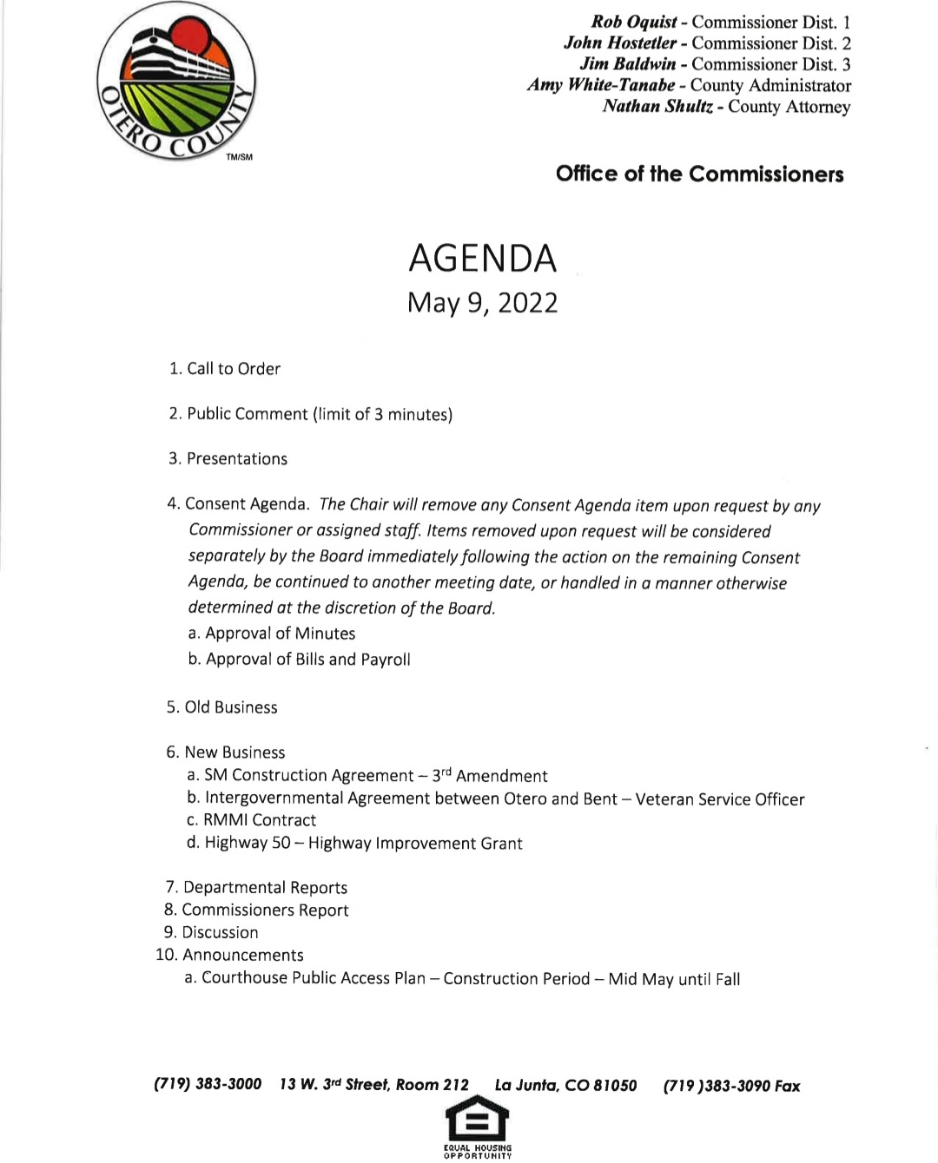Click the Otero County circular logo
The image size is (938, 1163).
[176, 82]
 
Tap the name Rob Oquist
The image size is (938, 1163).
[634, 23]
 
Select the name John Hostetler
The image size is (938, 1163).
[619, 43]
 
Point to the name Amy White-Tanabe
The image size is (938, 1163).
[600, 85]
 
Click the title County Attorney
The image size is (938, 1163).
[789, 107]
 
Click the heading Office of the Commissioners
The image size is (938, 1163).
[699, 174]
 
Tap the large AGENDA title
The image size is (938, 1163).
[482, 259]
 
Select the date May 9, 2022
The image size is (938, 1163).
[482, 303]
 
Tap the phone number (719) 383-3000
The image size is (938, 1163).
[208, 1084]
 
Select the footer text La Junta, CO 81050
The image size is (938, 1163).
[565, 1086]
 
